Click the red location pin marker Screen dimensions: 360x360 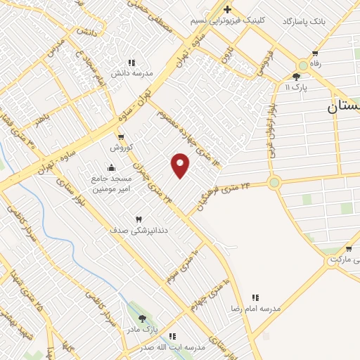[181, 165]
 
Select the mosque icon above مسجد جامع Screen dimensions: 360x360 [111, 167]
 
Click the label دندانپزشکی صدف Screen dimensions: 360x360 [138, 231]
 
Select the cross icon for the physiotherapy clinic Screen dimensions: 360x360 [227, 9]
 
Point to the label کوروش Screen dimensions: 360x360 [121, 148]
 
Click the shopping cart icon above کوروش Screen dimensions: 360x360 [121, 137]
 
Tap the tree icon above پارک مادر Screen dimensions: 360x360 [143, 319]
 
